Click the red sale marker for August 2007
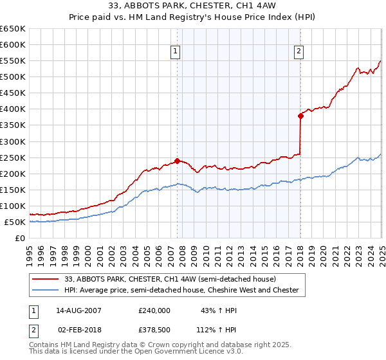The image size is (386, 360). (x=177, y=161)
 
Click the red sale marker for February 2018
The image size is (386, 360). (x=300, y=116)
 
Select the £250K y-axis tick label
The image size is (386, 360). (x=12, y=157)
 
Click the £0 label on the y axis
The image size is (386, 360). (x=19, y=238)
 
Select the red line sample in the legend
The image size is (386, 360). (x=46, y=279)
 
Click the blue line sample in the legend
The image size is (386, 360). (x=46, y=291)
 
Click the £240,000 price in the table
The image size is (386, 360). (x=154, y=310)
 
